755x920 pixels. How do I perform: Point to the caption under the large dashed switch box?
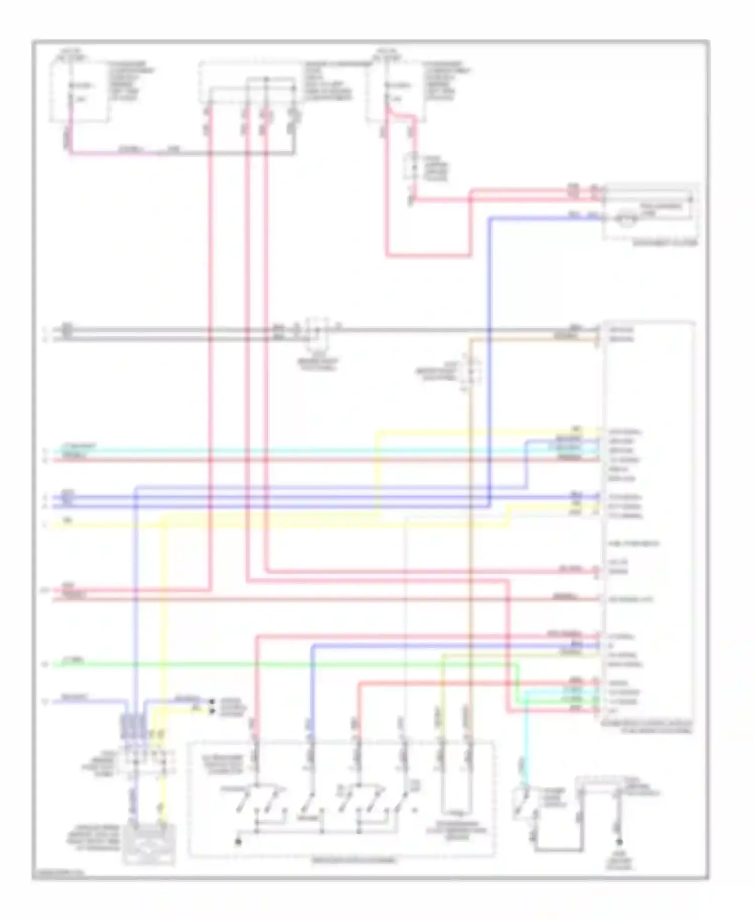[x=354, y=861]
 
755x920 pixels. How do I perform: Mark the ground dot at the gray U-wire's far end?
[x=620, y=842]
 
